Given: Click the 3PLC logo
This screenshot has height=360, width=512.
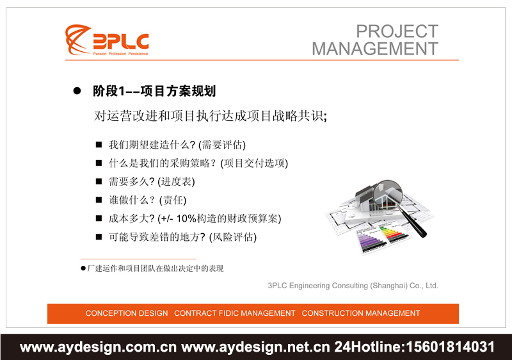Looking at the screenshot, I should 107,41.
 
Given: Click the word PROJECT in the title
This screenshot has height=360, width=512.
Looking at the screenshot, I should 397,31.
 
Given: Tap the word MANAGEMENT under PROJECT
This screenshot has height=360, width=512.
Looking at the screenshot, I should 375,49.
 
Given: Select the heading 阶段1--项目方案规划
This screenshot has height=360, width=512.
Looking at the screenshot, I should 154,92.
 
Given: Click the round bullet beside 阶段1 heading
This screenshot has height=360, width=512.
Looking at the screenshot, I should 77,92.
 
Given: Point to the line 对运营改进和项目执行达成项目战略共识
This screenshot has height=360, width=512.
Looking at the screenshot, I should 211,116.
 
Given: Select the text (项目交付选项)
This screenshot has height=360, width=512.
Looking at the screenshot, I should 254,163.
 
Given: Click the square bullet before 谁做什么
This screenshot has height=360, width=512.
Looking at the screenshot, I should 99,200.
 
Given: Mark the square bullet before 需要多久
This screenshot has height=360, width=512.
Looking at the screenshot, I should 99,181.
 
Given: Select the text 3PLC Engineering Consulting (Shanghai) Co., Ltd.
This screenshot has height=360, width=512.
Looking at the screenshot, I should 353,286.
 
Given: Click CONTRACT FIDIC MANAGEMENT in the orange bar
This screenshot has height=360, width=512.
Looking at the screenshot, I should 235,313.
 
